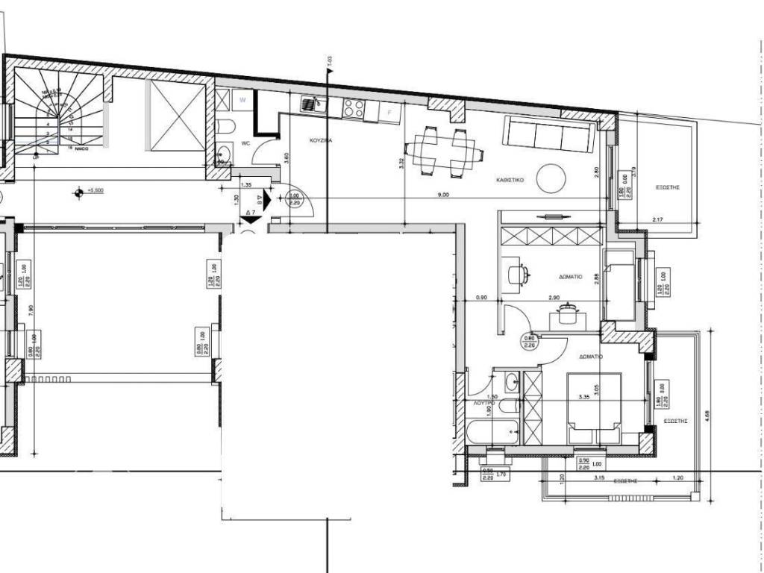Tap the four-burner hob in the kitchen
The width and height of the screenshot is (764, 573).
coord(353,110)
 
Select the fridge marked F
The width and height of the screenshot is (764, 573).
coord(389,112)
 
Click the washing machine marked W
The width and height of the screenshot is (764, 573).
coord(242,99)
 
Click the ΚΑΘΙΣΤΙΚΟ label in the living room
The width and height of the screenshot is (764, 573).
coord(512,181)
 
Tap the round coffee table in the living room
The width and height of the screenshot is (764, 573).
coord(553,178)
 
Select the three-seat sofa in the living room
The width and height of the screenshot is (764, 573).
coord(548,134)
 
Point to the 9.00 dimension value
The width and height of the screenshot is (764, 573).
coord(443,195)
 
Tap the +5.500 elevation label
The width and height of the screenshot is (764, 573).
coord(95,191)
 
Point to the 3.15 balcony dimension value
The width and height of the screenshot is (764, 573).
coord(598,477)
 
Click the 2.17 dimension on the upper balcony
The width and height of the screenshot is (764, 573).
coord(657,219)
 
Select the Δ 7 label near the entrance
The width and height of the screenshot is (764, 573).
coord(251,213)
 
